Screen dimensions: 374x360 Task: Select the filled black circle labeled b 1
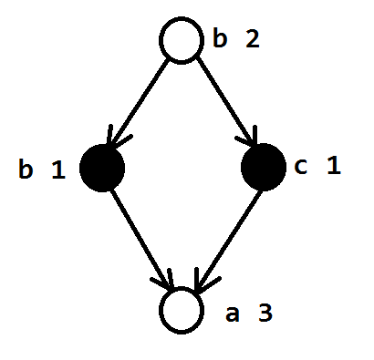click(102, 168)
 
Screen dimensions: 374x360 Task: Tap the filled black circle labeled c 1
click(264, 167)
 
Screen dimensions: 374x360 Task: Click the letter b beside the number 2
click(220, 38)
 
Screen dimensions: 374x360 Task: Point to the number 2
click(253, 39)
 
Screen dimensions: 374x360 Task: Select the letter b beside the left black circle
click(26, 169)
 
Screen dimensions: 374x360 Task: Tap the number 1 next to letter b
click(58, 170)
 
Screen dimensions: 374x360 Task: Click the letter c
click(300, 167)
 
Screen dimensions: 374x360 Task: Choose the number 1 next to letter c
click(334, 166)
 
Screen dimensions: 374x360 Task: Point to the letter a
click(233, 314)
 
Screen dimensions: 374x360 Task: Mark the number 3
click(265, 313)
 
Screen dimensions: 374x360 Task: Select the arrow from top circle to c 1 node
click(226, 101)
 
